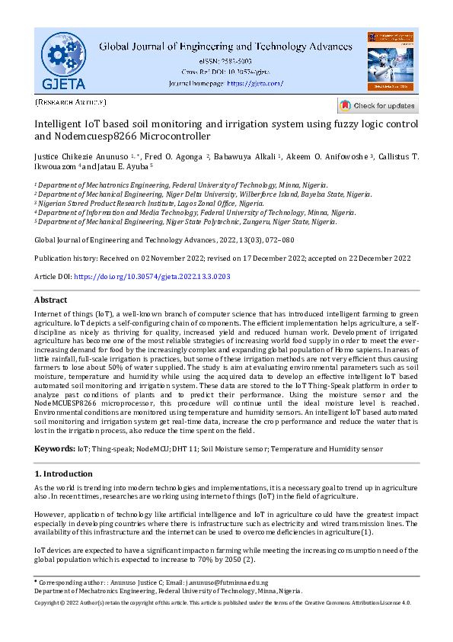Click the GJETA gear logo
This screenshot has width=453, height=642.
[63, 59]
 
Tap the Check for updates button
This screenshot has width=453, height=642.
[378, 106]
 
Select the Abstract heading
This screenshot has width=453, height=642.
[51, 300]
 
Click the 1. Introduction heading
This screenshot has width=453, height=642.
[65, 473]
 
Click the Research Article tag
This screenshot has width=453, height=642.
[71, 101]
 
